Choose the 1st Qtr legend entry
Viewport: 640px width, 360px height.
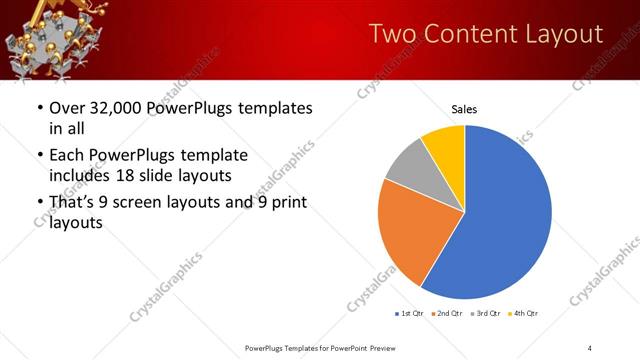coord(411,314)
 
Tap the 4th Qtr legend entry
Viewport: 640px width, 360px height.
coord(527,314)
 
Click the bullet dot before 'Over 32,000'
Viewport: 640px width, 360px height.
coord(39,108)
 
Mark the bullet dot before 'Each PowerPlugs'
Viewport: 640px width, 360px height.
coord(39,155)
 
